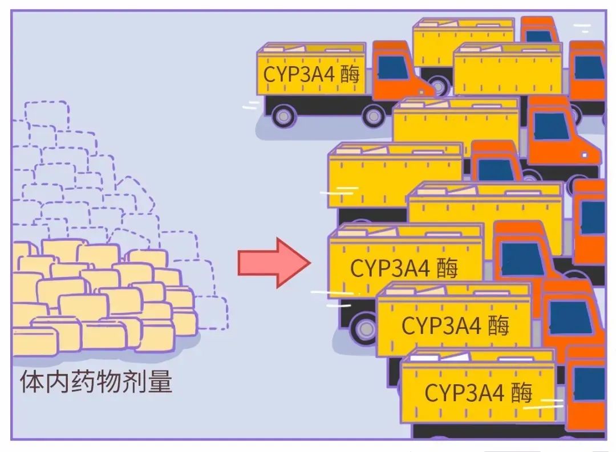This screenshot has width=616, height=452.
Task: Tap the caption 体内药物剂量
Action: pos(96,382)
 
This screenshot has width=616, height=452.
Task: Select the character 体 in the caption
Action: pos(30,382)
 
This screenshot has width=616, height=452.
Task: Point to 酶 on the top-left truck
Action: pos(350,75)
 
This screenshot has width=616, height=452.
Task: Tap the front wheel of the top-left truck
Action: pos(373,116)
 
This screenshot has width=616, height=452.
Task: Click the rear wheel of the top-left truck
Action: pos(283,116)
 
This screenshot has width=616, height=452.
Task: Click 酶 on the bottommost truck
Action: pos(521,393)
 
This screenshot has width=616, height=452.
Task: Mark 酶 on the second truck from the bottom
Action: pos(498,325)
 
